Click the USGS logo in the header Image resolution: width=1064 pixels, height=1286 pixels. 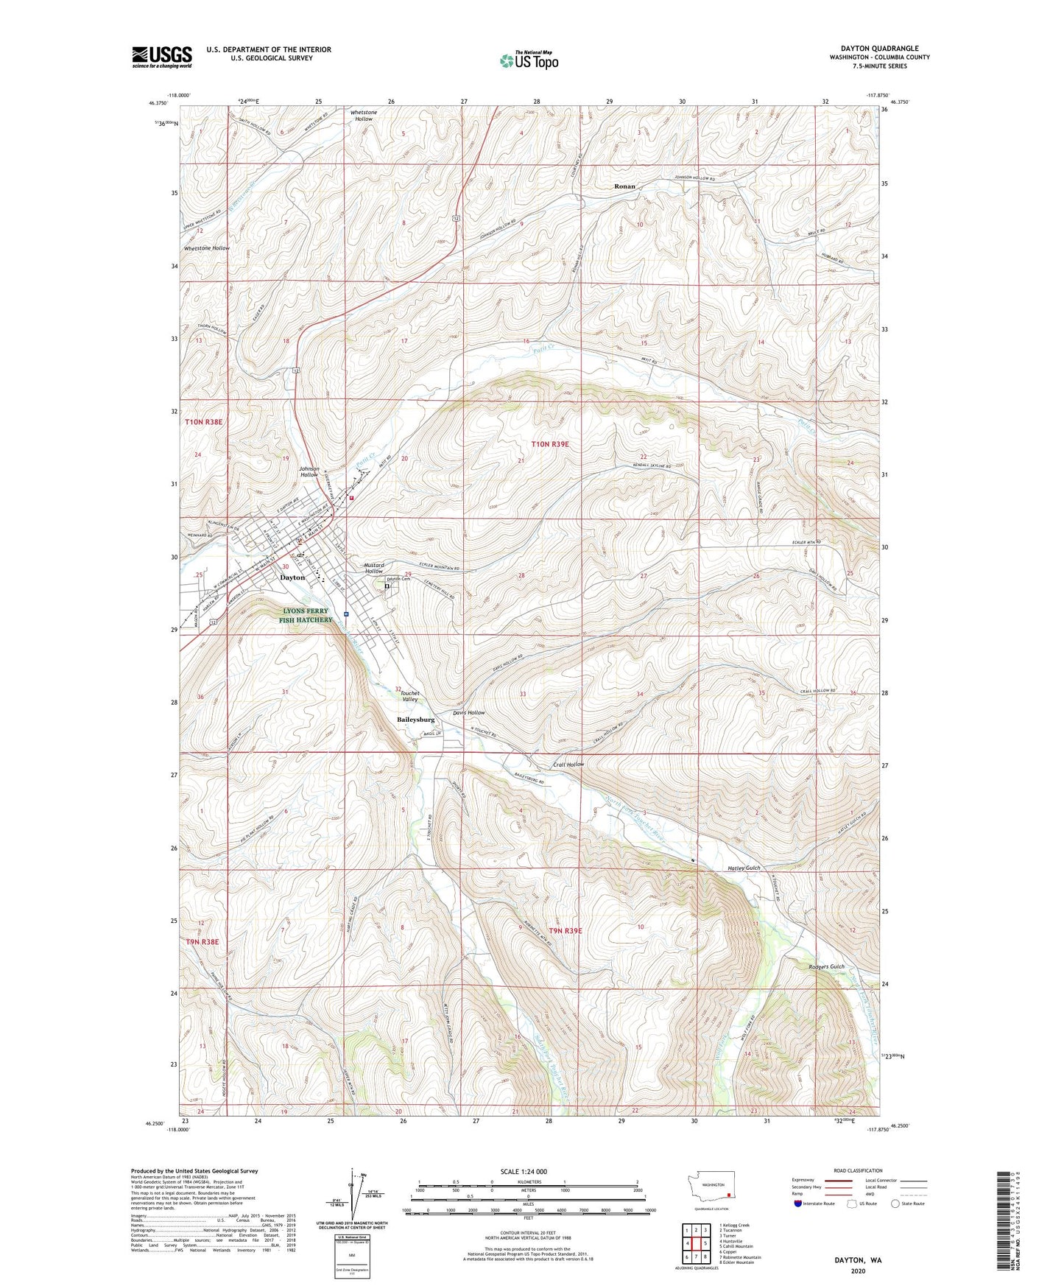click(161, 57)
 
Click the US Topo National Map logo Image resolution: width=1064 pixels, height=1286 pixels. click(528, 60)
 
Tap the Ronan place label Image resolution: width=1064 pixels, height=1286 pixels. click(624, 186)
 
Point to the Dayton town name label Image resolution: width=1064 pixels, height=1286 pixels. click(292, 577)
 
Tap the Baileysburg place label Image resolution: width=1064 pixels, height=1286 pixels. click(416, 720)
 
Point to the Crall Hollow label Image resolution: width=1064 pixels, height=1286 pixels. click(568, 765)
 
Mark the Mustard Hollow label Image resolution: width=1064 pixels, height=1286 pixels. click(374, 568)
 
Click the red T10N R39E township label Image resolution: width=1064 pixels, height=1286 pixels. click(551, 444)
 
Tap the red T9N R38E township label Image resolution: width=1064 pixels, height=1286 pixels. click(203, 941)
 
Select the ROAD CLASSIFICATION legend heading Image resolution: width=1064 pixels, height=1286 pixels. click(858, 1170)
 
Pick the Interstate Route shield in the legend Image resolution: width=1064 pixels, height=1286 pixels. click(800, 1204)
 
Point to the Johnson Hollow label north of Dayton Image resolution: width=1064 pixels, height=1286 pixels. click(309, 471)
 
